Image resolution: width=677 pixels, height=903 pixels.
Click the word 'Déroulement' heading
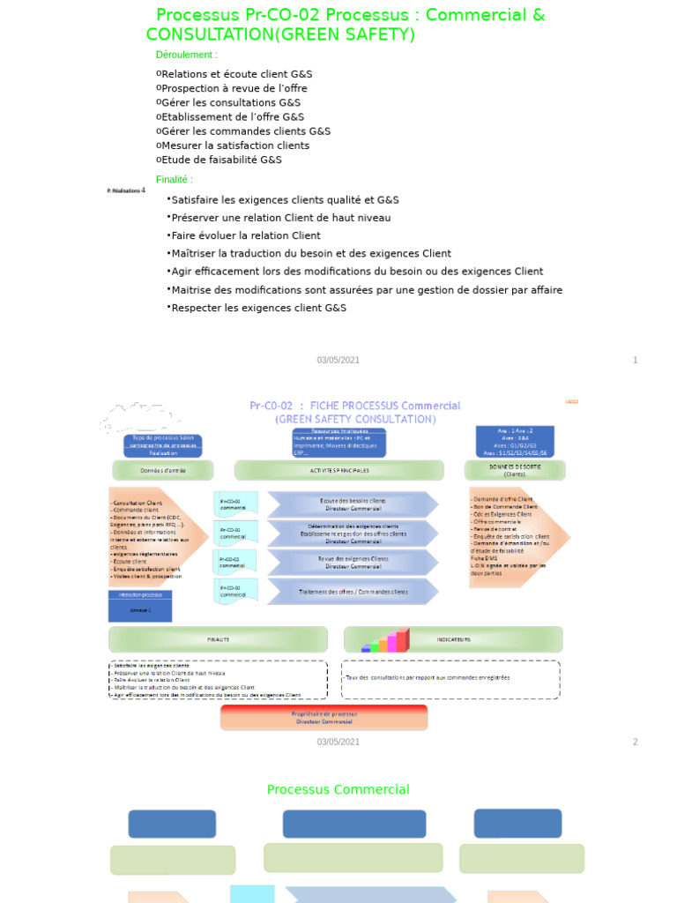(x=186, y=55)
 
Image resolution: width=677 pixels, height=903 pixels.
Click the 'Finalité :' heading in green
(x=174, y=180)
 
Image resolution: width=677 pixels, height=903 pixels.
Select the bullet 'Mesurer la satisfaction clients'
(x=235, y=146)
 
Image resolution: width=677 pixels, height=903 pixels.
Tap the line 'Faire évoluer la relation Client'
(x=246, y=235)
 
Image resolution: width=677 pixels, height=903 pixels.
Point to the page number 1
(x=635, y=360)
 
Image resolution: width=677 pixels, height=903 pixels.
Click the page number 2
(x=635, y=742)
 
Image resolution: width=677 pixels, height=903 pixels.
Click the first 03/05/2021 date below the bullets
(x=338, y=360)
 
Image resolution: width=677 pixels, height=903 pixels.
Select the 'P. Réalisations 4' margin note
(x=125, y=190)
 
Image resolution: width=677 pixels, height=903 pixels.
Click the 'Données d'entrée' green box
(x=163, y=470)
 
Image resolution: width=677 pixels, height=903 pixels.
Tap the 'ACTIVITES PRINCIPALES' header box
(x=339, y=470)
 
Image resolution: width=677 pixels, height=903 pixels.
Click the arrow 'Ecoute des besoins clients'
(x=353, y=504)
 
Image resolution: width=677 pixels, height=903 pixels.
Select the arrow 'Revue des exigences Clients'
(x=353, y=563)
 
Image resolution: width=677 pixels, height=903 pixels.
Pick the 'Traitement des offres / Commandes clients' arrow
(x=353, y=592)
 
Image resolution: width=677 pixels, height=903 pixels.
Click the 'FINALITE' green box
(x=218, y=639)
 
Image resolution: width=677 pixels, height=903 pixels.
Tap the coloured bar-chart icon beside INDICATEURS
(x=388, y=641)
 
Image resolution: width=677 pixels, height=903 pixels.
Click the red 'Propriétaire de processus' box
(x=324, y=717)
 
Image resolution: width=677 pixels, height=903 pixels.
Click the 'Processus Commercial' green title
(x=338, y=790)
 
